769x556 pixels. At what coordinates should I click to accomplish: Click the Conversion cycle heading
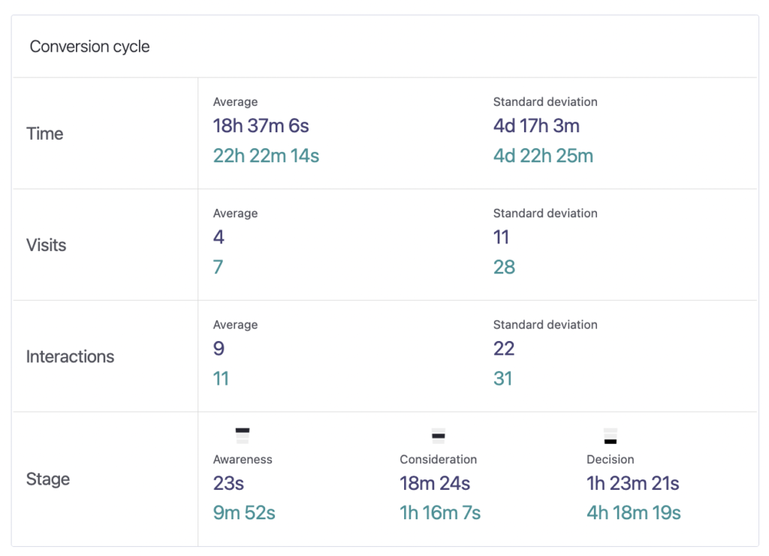point(89,47)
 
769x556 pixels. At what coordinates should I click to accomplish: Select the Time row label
point(45,134)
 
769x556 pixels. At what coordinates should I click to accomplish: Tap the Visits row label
point(47,245)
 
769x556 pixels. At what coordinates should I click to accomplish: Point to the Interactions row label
point(70,357)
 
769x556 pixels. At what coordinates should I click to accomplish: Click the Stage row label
point(48,479)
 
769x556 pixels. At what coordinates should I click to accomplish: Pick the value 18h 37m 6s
point(261,126)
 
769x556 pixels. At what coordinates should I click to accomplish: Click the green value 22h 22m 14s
point(266,156)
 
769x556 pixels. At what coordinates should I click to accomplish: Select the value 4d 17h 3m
point(536,126)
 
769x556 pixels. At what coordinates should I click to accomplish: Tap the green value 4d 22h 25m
point(543,156)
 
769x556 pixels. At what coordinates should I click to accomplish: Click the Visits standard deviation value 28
point(504,267)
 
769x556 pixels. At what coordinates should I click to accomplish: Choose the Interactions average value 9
point(219,349)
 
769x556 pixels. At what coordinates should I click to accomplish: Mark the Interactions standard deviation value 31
point(502,379)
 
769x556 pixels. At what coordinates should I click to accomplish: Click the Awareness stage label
point(243,459)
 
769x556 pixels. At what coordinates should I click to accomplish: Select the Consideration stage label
point(438,459)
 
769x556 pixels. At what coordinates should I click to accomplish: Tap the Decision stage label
point(610,459)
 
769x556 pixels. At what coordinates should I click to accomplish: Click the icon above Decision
point(610,436)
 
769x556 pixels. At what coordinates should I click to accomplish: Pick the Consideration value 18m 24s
point(435,483)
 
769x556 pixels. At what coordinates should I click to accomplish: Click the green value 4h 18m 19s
point(633,513)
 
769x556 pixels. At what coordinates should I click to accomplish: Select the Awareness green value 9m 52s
point(244,513)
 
